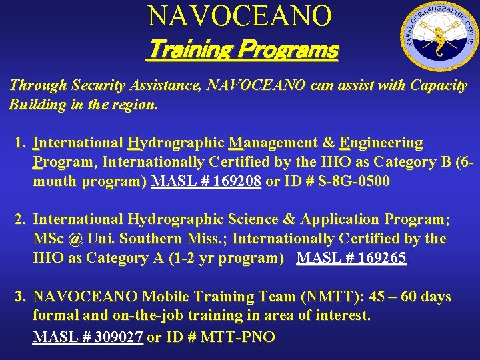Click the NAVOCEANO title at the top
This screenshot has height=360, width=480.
239,16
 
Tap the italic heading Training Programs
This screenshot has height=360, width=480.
241,49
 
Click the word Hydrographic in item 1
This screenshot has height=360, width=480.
176,143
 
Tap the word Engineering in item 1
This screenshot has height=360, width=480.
381,143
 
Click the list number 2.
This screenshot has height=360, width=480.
21,219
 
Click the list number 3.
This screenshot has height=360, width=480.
21,297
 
